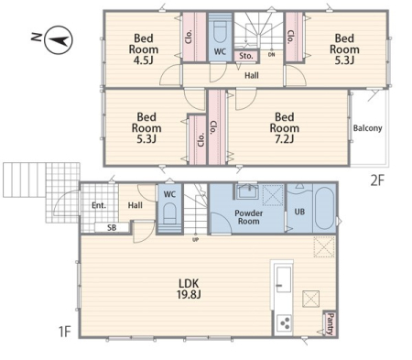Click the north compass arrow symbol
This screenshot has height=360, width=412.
pos(59,40)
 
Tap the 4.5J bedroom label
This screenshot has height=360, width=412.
pos(144,49)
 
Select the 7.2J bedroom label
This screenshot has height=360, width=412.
pos(285,128)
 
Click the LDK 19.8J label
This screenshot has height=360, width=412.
pos(189,289)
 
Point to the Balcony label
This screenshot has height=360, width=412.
pos(367,128)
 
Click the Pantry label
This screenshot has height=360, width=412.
pos(330,323)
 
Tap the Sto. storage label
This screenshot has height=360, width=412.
pos(246,56)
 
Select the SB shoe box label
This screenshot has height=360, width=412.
pos(112,227)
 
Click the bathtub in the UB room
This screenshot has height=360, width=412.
pos(324,208)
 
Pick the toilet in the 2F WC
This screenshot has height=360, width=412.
pos(220,33)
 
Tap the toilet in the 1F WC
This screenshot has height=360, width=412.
pos(169,213)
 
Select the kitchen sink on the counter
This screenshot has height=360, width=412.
pos(283,279)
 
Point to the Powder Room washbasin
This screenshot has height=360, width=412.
pos(247,191)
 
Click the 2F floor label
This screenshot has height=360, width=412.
pos(376,181)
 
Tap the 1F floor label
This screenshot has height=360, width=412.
pos(64,332)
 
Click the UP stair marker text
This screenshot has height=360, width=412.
pos(196,240)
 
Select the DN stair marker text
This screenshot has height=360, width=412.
pos(271,55)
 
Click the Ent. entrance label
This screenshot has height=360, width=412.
pos(99,205)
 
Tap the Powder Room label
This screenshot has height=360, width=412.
pos(249,217)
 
